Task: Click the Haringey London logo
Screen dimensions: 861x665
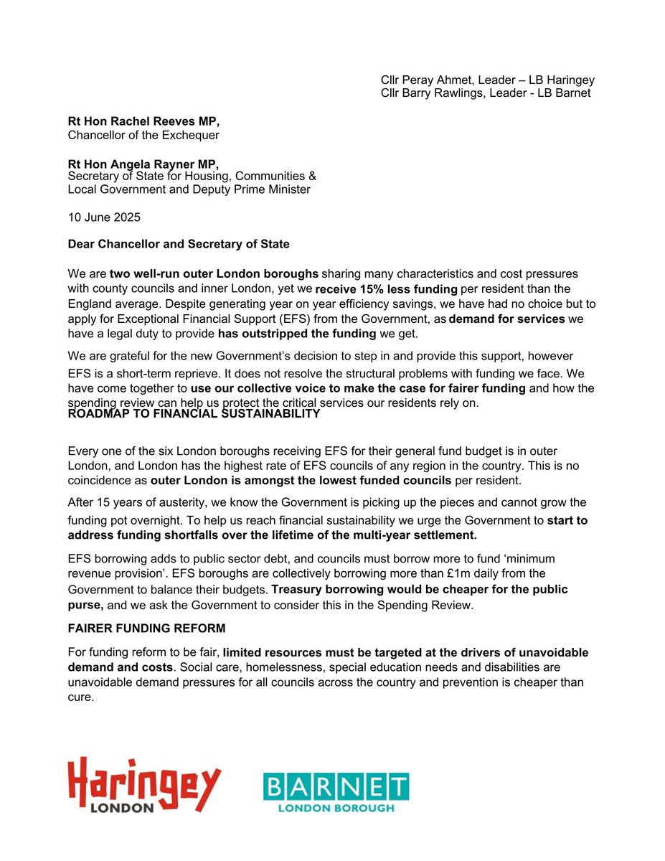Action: pos(143,785)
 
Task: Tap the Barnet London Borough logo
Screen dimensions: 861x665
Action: pos(336,792)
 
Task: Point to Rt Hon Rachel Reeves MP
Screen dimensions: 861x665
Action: pos(143,122)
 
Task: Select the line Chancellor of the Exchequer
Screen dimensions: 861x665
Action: pos(143,135)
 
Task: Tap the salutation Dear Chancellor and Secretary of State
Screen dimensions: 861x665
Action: pos(179,244)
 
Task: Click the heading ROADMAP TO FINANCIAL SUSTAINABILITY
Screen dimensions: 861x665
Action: pos(194,414)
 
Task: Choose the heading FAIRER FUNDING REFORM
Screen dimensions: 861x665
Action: pos(146,629)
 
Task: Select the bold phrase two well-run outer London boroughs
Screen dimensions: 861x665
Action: pos(214,274)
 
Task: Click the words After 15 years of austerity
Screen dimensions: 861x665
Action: pos(136,502)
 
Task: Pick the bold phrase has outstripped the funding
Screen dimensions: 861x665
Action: pos(296,334)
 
